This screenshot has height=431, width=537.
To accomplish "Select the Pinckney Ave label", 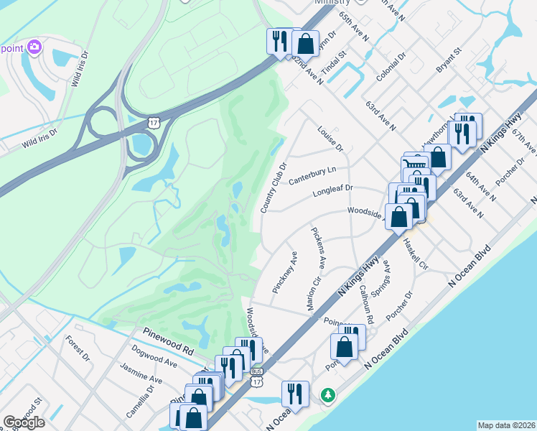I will (x=285, y=272).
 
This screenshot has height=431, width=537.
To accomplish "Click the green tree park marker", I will (x=328, y=394).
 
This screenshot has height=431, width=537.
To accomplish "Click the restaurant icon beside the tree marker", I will (x=294, y=393).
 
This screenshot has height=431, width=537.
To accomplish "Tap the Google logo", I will (x=24, y=422).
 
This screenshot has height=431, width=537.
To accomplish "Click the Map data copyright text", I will (x=506, y=425).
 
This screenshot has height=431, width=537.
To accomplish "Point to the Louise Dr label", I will (x=330, y=139).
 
